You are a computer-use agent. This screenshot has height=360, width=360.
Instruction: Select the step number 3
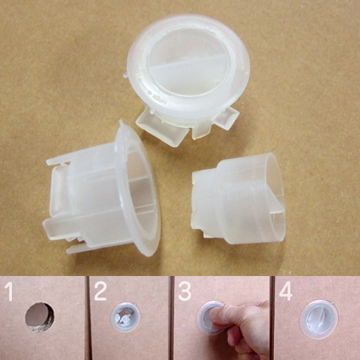(x=184, y=292)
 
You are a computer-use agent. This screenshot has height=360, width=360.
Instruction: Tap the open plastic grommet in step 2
(x=125, y=316)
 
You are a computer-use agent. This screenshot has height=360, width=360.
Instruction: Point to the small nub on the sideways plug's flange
(x=121, y=123)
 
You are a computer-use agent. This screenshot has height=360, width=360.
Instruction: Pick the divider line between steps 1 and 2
(x=88, y=318)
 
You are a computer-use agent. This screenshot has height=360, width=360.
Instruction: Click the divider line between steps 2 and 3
(x=172, y=318)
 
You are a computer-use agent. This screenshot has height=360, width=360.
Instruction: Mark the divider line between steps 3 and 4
(x=272, y=318)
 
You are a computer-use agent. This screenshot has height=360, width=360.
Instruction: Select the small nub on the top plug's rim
(x=126, y=74)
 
